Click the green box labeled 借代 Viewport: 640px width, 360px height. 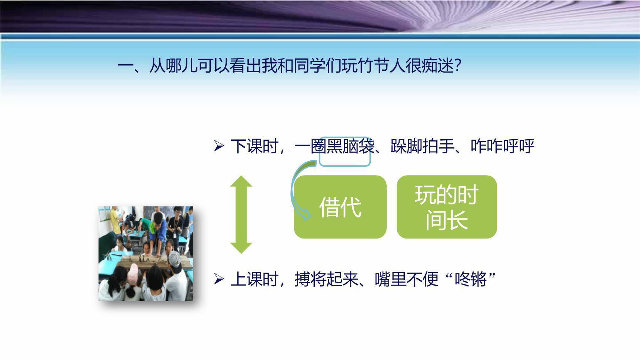pos(340,207)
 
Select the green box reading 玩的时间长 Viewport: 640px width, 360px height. pos(447,207)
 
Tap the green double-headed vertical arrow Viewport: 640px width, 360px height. pos(241,214)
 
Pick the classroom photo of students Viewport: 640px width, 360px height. pos(146,254)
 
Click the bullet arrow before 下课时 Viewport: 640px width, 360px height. pos(219,146)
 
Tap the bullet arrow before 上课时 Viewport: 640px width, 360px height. pos(219,279)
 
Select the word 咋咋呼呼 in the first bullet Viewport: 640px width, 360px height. pos(503,146)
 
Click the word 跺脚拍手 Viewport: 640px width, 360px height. pos(422,146)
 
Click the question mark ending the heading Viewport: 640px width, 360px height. pos(457,67)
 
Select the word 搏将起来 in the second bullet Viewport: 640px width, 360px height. pos(326,279)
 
